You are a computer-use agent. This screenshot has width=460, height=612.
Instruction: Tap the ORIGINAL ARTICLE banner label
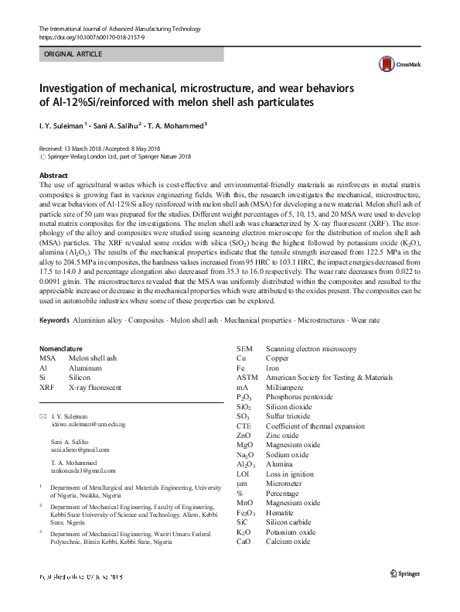click(x=73, y=54)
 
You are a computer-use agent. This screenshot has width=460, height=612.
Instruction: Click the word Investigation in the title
click(x=75, y=87)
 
